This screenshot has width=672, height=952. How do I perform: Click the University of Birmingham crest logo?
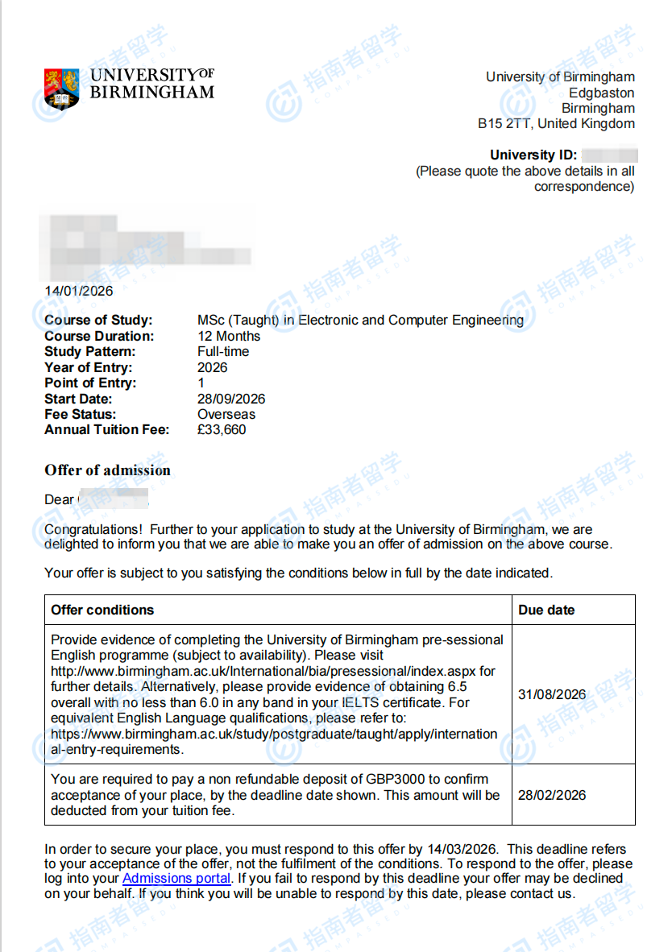click(x=62, y=88)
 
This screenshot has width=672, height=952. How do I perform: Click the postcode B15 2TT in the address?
click(x=505, y=124)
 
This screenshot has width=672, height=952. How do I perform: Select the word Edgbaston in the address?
click(x=601, y=93)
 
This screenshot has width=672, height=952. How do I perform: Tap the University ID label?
click(x=533, y=155)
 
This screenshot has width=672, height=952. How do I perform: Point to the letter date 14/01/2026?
click(x=79, y=291)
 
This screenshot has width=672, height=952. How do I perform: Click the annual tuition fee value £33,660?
click(x=222, y=430)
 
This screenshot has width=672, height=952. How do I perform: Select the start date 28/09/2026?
click(x=231, y=399)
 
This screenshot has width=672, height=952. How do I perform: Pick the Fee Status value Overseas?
click(x=226, y=415)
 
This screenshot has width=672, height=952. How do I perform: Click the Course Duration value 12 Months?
click(x=229, y=336)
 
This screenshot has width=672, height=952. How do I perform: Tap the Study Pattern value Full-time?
click(x=223, y=352)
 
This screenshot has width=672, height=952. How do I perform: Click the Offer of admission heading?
click(x=107, y=470)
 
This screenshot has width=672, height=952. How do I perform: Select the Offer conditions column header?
click(x=102, y=610)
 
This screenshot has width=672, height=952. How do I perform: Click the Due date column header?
click(x=546, y=610)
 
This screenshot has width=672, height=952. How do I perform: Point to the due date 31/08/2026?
click(x=552, y=694)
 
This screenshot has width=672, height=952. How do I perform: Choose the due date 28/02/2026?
click(x=552, y=795)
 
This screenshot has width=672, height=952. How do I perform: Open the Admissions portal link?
click(x=176, y=879)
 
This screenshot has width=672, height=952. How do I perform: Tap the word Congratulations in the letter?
click(x=93, y=529)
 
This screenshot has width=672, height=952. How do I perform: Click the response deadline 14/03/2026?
click(x=467, y=848)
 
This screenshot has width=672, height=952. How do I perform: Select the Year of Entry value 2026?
click(x=213, y=367)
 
